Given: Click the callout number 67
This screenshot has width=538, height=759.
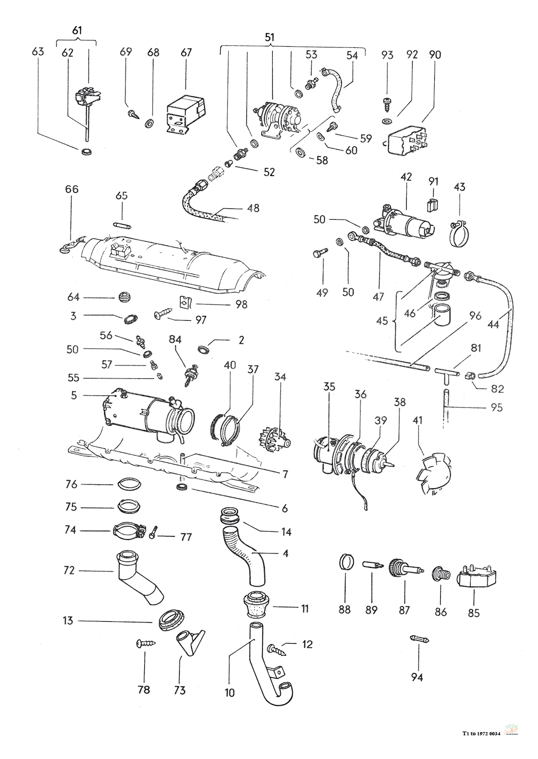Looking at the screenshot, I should [186, 52].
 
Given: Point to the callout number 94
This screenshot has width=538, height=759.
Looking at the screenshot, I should [417, 677].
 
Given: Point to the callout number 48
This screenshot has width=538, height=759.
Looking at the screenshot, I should [253, 208].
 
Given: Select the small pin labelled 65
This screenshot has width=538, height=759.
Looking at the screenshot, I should [122, 224].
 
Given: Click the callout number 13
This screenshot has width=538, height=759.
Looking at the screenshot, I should [68, 621].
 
